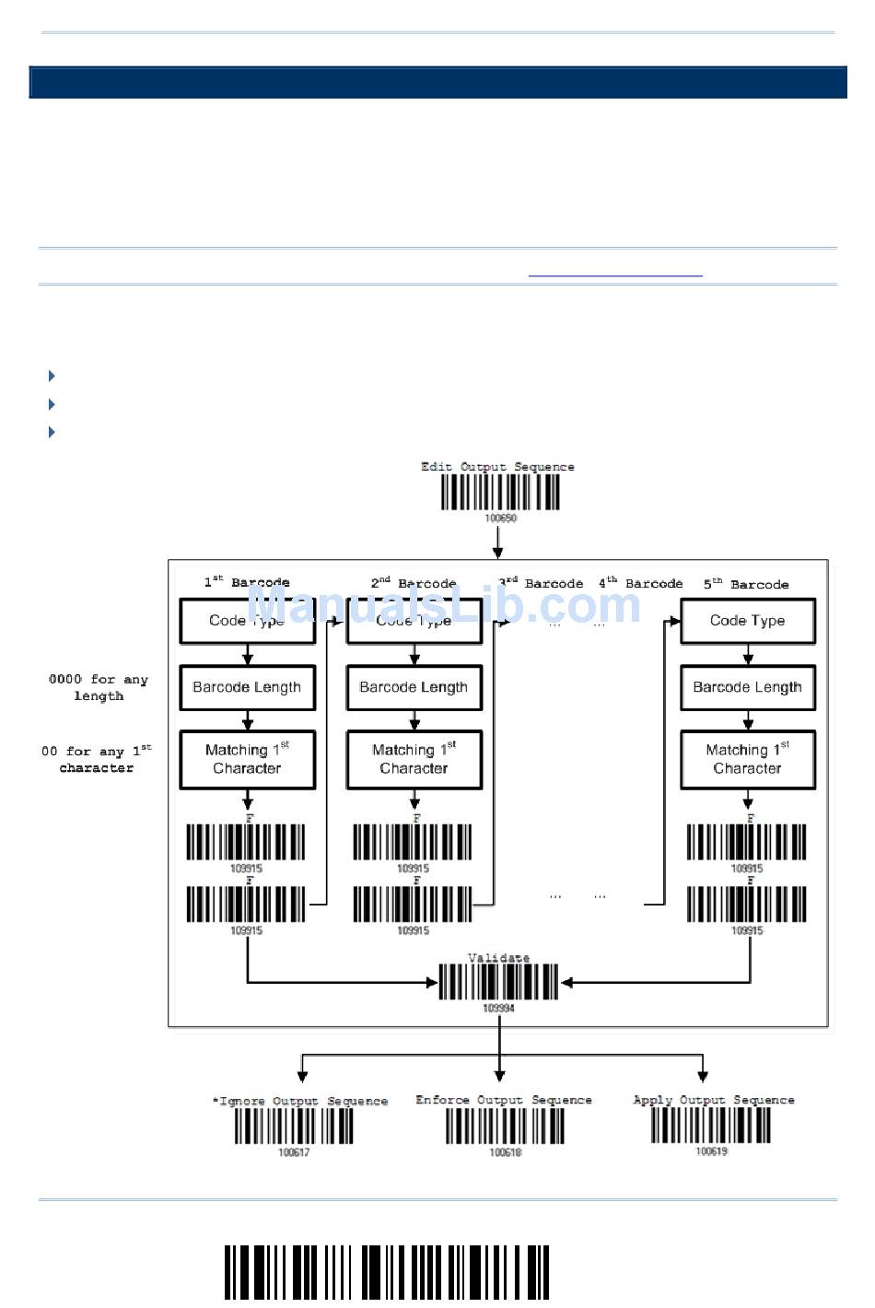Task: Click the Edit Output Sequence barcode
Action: [x=500, y=492]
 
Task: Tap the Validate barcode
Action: [x=498, y=982]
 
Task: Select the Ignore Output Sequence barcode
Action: [x=294, y=1126]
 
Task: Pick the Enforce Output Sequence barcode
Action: [x=505, y=1126]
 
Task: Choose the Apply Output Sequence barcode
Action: [x=711, y=1125]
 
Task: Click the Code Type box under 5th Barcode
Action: [x=747, y=621]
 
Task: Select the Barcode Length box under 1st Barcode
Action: [x=247, y=687]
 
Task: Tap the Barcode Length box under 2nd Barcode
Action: [x=414, y=687]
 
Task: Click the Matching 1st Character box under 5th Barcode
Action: [x=747, y=759]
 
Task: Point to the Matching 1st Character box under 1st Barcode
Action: [x=247, y=759]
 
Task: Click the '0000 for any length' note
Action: [x=99, y=687]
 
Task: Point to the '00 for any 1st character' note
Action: [x=97, y=759]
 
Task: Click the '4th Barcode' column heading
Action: [x=641, y=583]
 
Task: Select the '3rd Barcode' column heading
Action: [x=541, y=583]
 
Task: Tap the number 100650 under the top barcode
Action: [x=501, y=518]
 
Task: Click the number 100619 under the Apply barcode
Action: [x=711, y=1151]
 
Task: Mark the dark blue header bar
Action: [x=437, y=82]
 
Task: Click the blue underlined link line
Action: [x=615, y=275]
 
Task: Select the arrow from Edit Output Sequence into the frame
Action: [x=498, y=542]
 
